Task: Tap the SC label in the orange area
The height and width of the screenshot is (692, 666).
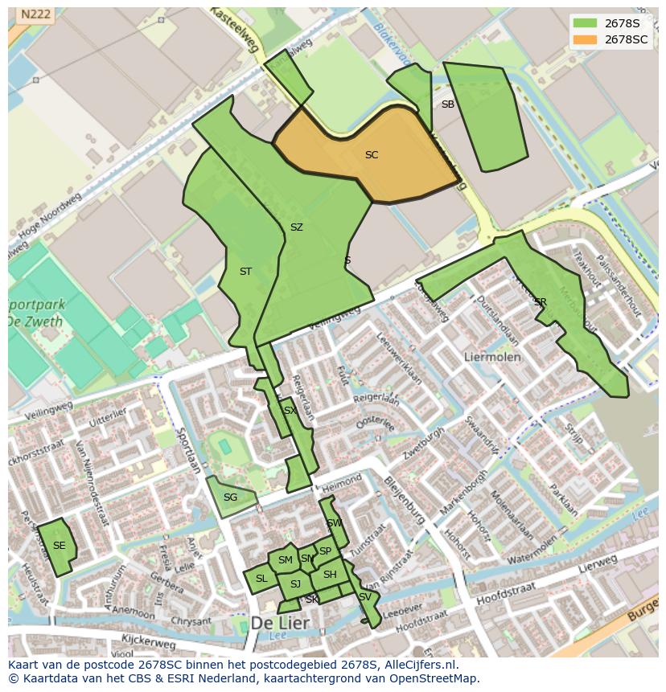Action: (x=372, y=155)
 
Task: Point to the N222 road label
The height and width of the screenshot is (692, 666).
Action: (x=35, y=14)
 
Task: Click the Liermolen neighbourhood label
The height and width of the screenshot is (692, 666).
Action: (x=492, y=356)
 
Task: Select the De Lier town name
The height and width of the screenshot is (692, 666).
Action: (x=280, y=623)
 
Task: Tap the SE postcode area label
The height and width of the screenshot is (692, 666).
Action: (x=59, y=545)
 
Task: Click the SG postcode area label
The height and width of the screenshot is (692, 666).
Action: (x=230, y=498)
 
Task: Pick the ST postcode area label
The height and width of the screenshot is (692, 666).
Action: (x=245, y=272)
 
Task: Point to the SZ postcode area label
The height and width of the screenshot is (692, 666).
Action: (x=296, y=227)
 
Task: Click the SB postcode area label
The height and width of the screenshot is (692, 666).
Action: (x=448, y=104)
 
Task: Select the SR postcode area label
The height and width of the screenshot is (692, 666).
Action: (x=540, y=302)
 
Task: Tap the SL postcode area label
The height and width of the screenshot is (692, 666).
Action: (x=261, y=579)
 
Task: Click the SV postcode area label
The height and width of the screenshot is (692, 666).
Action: (x=365, y=597)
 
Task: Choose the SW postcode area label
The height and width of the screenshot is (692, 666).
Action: (x=334, y=523)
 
